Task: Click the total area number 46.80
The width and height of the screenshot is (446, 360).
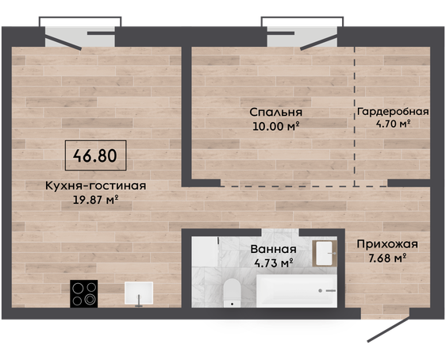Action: click(95, 155)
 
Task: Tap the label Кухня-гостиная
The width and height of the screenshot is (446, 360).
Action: click(95, 186)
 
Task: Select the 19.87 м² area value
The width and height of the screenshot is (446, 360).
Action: click(95, 200)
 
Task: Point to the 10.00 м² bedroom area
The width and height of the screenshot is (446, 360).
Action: click(275, 126)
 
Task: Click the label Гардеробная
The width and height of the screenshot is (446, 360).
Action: click(393, 112)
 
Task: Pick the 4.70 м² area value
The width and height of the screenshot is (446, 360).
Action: click(393, 124)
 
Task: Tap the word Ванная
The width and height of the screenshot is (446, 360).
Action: click(273, 250)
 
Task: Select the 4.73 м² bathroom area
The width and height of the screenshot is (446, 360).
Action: click(273, 263)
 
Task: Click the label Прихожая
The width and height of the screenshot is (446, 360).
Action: click(387, 244)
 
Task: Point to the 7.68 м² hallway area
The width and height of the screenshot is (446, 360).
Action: click(387, 259)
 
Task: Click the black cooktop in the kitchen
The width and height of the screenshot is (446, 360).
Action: click(84, 293)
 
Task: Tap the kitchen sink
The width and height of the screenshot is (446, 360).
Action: click(139, 293)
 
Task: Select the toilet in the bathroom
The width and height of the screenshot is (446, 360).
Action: click(232, 293)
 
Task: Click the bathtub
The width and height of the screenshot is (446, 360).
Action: click(297, 291)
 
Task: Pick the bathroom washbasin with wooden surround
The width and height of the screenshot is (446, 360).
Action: click(325, 254)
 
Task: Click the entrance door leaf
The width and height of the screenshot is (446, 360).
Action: click(389, 329)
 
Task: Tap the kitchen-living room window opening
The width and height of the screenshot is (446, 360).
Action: click(80, 36)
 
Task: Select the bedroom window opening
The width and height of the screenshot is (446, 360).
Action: click(302, 36)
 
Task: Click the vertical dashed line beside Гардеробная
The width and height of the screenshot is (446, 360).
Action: click(355, 117)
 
